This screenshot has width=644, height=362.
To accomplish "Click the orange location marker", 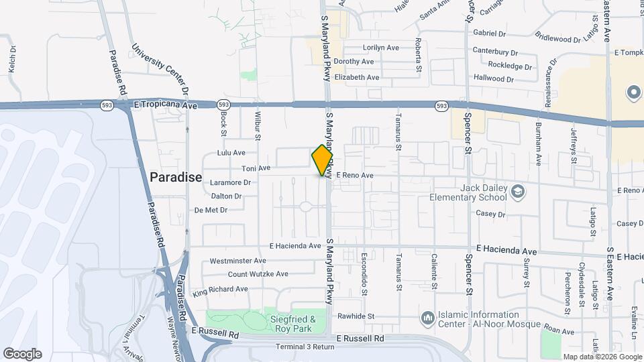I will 322,160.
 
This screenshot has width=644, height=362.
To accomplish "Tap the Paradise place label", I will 176,178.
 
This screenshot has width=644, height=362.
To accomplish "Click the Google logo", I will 22,353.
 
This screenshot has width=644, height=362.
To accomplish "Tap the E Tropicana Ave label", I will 165,105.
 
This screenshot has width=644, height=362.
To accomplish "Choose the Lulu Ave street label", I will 230,153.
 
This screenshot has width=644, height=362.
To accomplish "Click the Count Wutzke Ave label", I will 258,274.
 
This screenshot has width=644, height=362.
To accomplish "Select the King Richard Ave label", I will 220,290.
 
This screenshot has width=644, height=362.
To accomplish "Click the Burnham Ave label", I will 539,144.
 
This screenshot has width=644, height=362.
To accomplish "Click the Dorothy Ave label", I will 354,62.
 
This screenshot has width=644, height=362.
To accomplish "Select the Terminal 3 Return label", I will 305,347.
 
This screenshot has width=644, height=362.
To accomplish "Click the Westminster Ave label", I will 239,261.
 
